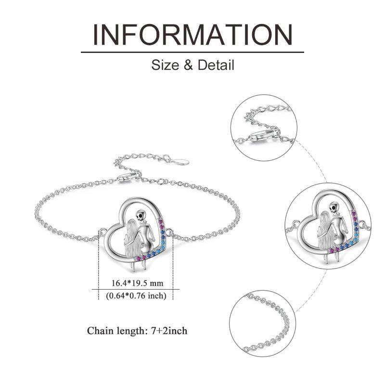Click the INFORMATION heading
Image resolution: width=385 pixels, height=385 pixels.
(193, 34)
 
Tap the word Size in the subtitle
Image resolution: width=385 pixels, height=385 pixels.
(165, 65)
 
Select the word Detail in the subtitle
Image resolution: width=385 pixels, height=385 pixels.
(216, 65)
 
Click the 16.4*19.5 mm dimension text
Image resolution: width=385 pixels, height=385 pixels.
(137, 283)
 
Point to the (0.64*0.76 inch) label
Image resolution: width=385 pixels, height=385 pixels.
(136, 295)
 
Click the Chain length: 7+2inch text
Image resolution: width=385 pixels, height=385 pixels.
(137, 331)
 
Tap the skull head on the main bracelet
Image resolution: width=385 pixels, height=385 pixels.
(140, 215)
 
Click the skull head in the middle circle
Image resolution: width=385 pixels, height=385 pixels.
(334, 207)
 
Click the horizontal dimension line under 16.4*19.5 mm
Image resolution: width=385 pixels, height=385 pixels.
(136, 290)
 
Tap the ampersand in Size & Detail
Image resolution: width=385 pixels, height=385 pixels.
(188, 65)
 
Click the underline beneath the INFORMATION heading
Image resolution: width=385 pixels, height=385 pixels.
(192, 52)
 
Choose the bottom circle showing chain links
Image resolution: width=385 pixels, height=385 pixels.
(263, 323)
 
